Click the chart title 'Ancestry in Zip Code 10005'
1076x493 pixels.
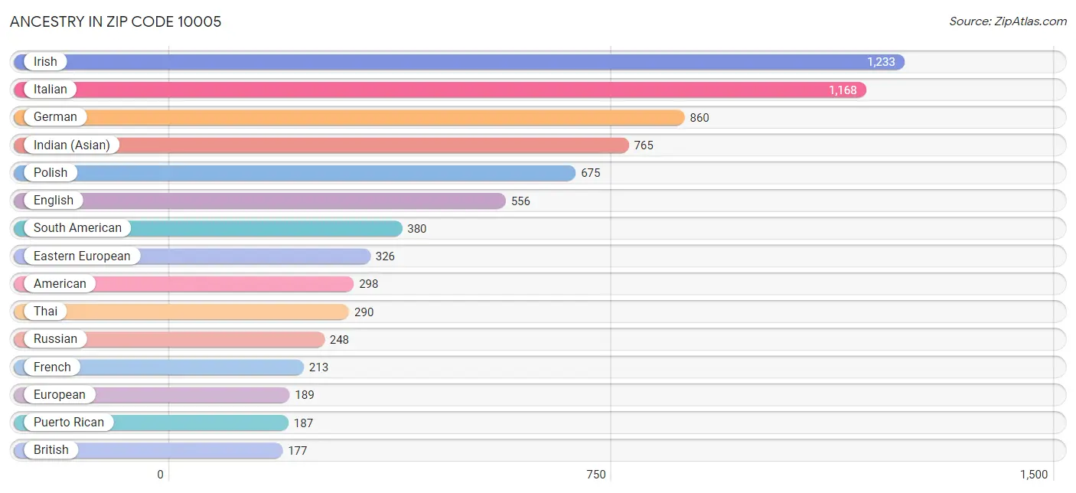[x=116, y=21]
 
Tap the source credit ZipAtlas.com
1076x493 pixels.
[x=1008, y=21]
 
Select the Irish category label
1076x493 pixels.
[x=45, y=62]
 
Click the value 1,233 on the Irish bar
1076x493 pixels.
[x=881, y=62]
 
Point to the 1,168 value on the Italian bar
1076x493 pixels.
[x=843, y=90]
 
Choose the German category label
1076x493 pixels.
[x=55, y=117]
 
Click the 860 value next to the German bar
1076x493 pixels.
[x=699, y=118]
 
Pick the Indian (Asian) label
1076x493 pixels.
[x=71, y=145]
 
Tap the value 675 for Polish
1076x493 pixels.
[x=591, y=173]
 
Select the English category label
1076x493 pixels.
[x=54, y=201]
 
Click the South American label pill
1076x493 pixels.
[x=77, y=228]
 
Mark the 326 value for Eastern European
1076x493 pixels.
[x=385, y=256]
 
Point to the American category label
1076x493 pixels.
[x=60, y=284]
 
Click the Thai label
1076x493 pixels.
[x=45, y=312]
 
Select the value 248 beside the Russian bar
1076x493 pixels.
[x=339, y=339]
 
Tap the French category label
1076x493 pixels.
[x=52, y=367]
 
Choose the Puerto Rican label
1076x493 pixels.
[x=69, y=423]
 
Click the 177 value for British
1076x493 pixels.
[x=298, y=451]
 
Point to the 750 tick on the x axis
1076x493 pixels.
[x=596, y=475]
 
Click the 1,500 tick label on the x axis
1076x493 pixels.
[x=1032, y=475]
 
